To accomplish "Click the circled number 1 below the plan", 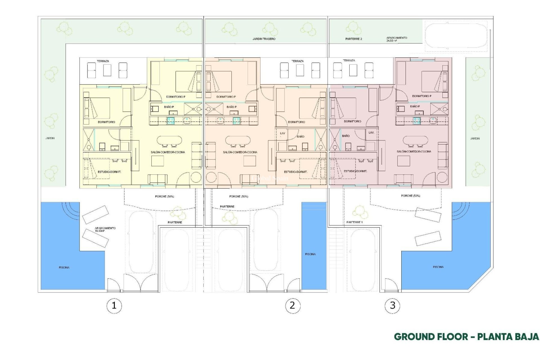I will click(x=114, y=305).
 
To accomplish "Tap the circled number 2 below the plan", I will click(x=292, y=305).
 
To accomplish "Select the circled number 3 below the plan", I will click(x=392, y=305).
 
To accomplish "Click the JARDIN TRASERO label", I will click(x=264, y=39).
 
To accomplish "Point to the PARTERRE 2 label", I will click(x=354, y=39).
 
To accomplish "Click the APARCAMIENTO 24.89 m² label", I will click(x=397, y=39).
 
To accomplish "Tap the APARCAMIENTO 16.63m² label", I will click(x=105, y=229).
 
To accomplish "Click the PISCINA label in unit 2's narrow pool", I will click(x=310, y=254).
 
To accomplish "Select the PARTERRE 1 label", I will click(x=354, y=222).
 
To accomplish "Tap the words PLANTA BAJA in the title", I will click(x=508, y=337).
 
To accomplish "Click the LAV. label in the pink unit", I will click(x=371, y=132).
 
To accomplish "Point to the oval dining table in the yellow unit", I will click(x=169, y=140).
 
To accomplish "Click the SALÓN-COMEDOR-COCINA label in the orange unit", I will click(x=240, y=152).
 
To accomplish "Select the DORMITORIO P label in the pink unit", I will click(x=422, y=96).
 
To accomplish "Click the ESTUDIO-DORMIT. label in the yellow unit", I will click(x=109, y=172).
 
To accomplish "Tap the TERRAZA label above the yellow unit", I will click(x=103, y=61).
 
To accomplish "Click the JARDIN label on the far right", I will click(x=475, y=138).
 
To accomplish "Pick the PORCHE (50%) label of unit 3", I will click(x=410, y=195).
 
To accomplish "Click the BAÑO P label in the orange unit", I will click(x=231, y=107).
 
